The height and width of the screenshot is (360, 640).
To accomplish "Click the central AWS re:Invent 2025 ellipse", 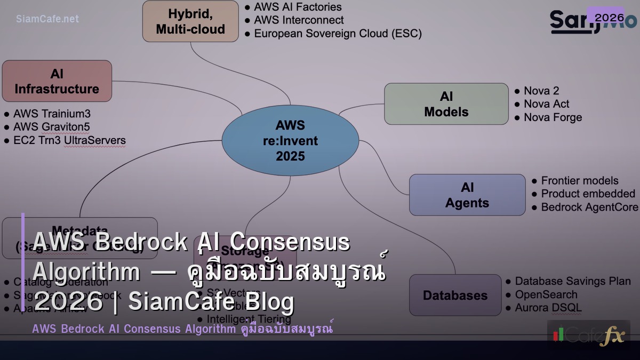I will click(x=290, y=141).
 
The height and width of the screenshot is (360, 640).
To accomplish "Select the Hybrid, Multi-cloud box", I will click(x=190, y=21).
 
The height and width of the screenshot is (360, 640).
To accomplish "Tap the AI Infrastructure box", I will click(x=57, y=81).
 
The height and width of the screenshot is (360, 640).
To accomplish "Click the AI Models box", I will click(x=446, y=104).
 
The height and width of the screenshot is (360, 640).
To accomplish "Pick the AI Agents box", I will click(x=467, y=195).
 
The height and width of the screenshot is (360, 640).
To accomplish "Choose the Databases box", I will click(x=455, y=295).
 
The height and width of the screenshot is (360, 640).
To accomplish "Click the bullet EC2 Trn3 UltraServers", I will click(x=69, y=141).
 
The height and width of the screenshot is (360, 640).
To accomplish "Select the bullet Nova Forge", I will click(x=553, y=117).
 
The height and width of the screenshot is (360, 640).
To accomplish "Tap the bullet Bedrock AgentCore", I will click(x=589, y=207).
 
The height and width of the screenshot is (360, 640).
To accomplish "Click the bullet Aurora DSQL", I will click(x=548, y=308).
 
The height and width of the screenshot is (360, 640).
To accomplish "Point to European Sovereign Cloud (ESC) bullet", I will click(x=337, y=34).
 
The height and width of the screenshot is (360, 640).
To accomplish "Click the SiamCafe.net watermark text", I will click(x=47, y=19).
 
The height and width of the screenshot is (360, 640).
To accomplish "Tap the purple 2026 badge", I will click(x=609, y=18).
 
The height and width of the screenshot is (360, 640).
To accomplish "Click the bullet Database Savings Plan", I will click(x=572, y=281).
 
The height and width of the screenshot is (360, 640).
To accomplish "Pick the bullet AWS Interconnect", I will click(x=298, y=20).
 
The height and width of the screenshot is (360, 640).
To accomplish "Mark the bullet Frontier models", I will click(x=579, y=181).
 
